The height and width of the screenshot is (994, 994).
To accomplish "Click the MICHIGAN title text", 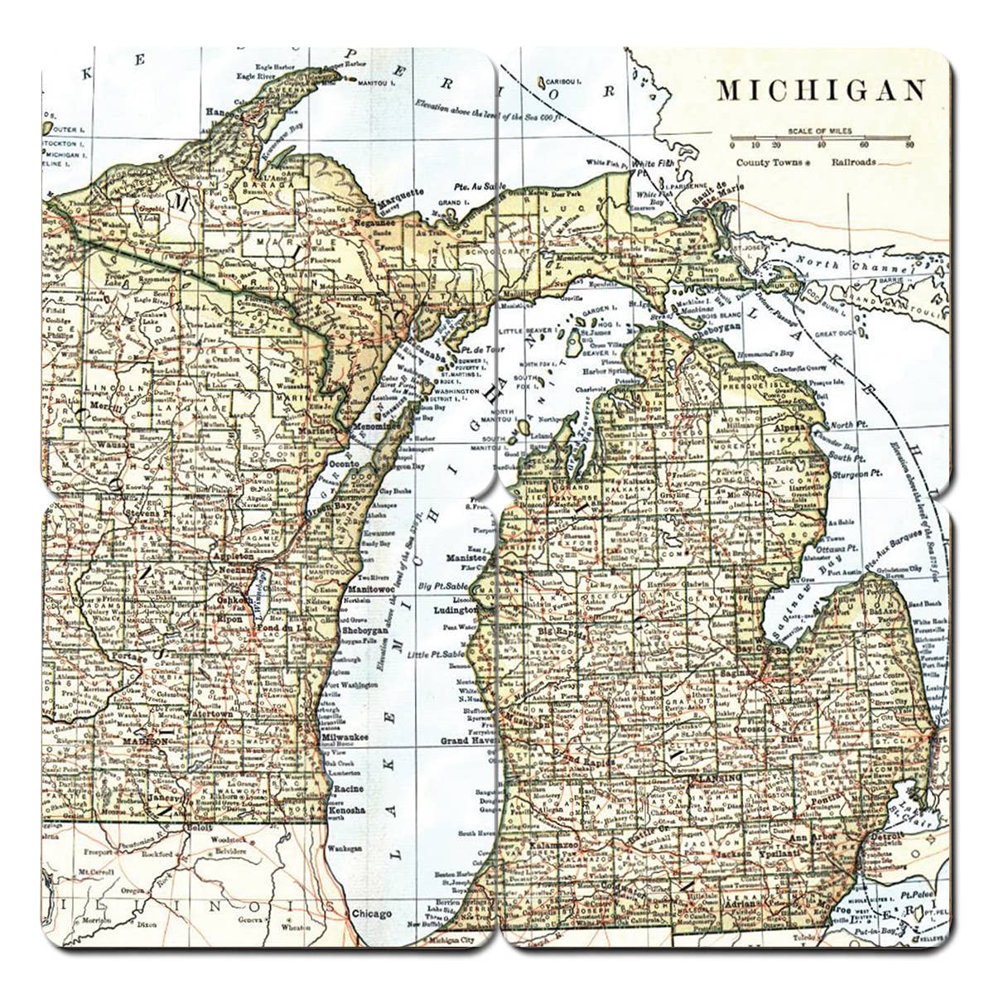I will coord(820,89).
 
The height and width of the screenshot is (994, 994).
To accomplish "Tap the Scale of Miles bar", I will coord(820,138).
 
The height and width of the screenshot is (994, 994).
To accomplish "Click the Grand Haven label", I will coord(467,740).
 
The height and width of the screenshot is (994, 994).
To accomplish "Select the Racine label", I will coord(346,789).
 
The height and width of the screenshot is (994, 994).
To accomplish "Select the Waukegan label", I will coord(344,849).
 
